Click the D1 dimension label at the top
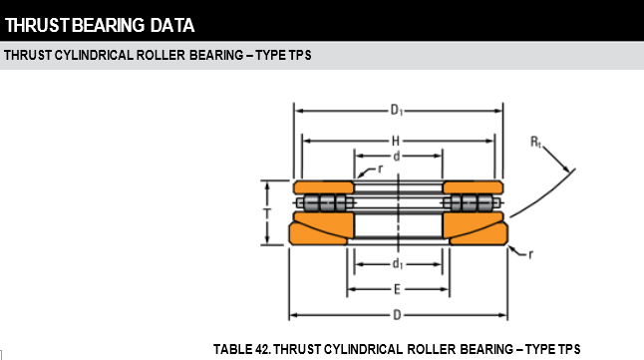tap(397, 110)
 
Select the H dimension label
tap(396, 142)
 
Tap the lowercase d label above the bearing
tap(397, 157)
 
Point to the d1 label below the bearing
tap(398, 263)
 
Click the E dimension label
tap(397, 290)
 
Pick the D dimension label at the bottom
tap(397, 315)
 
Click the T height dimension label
tap(267, 213)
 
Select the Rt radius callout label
tap(536, 143)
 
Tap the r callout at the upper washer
tap(381, 169)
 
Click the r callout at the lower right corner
tap(530, 255)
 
